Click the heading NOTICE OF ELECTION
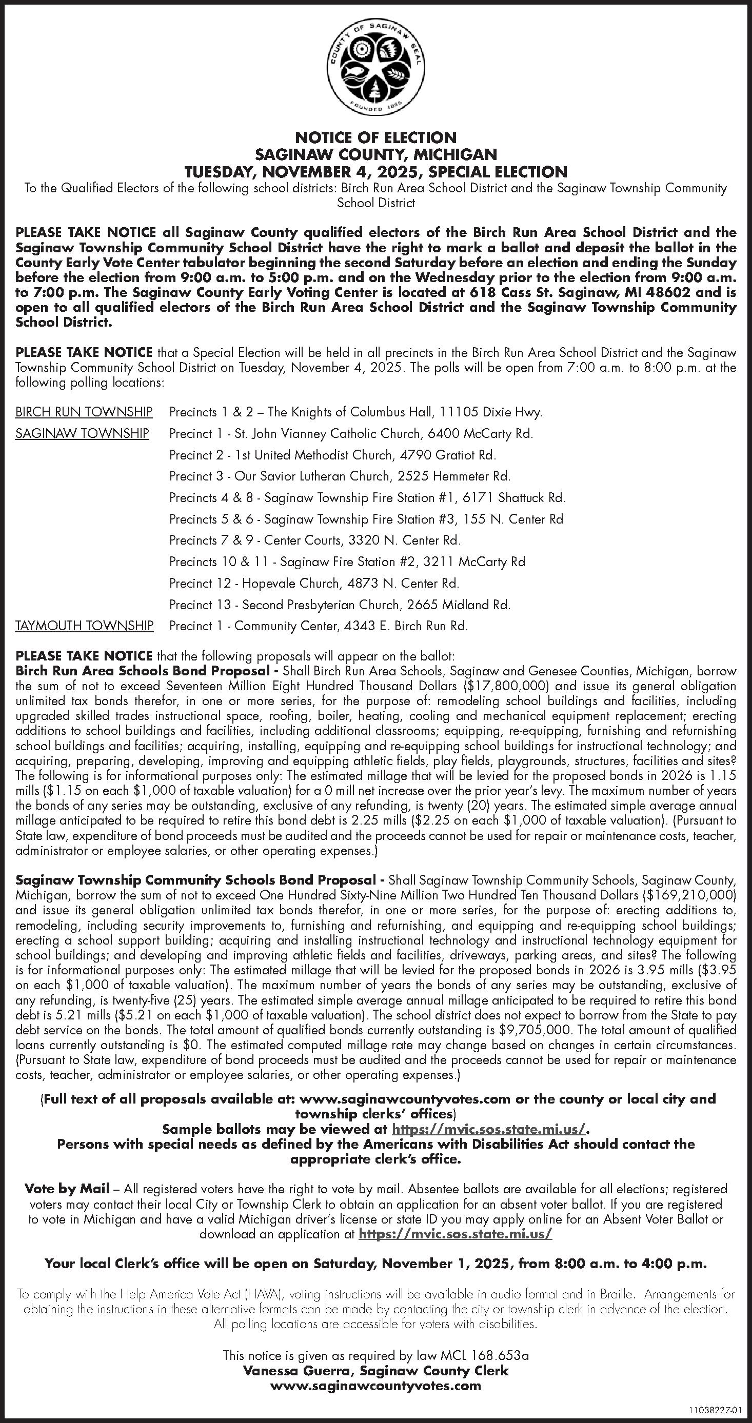375,137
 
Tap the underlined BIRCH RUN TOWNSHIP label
84,412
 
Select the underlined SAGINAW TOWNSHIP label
82,434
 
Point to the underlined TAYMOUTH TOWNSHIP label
85,626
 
